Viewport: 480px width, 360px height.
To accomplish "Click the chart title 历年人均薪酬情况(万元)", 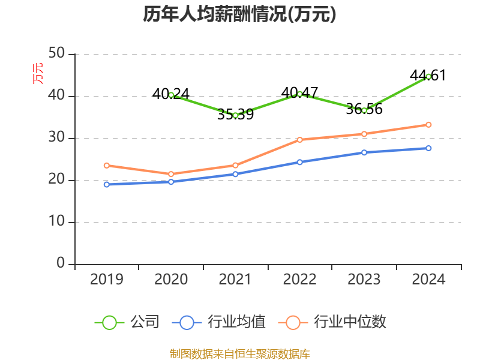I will (239, 14).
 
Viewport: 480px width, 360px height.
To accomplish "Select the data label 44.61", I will (428, 76).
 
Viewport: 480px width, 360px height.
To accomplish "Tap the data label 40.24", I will (171, 94).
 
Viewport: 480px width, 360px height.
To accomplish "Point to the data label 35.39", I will (235, 115).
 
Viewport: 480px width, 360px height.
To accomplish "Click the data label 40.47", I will (299, 92).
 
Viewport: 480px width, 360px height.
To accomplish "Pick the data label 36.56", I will (364, 110).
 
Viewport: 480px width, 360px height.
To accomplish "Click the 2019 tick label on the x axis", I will (107, 280).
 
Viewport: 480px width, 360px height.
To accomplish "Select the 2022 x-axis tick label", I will (299, 280).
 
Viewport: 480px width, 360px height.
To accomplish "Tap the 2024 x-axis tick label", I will (428, 280).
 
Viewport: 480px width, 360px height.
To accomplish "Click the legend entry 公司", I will (128, 322).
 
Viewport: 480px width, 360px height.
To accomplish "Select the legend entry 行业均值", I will (218, 322).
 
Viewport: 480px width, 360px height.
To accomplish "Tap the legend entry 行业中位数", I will (332, 322).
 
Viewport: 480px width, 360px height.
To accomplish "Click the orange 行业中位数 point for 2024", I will (428, 125).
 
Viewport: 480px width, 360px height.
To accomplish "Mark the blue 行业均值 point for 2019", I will (107, 184).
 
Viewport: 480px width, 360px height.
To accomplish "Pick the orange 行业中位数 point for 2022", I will (299, 140).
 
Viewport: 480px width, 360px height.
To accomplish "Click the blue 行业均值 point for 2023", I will (364, 152).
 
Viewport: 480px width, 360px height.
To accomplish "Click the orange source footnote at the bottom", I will (239, 353).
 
